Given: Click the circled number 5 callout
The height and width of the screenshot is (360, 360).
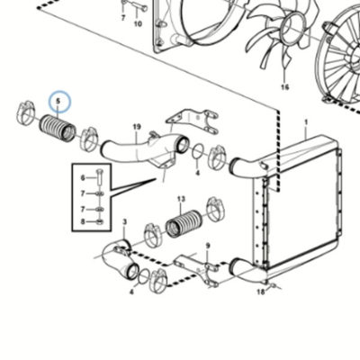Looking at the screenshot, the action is coord(58,101).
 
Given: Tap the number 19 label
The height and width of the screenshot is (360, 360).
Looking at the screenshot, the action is coord(137,127).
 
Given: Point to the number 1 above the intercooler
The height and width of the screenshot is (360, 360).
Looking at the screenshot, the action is coord(306,122).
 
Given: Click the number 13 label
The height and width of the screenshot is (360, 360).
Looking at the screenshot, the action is coord(181,199).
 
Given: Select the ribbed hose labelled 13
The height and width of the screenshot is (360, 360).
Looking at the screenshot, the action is coord(184,224).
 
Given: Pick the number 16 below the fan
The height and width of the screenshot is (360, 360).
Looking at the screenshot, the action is coord(284,87).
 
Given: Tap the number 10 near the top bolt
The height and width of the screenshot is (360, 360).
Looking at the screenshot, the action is coord(138,23).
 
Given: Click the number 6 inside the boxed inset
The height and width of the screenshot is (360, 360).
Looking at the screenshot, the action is coord(83,178).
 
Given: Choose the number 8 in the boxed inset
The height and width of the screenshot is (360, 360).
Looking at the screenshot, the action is coord(83,222).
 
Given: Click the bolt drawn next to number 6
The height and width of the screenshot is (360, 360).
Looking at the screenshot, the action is coord(100,178).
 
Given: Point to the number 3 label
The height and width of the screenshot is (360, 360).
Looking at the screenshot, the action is coord(125,222).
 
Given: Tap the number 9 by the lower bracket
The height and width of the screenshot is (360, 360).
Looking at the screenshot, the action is coord(208,246).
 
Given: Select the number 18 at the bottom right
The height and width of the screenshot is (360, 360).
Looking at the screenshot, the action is coord(261,292).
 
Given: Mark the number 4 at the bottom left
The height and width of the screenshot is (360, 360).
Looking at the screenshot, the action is coord(132,292).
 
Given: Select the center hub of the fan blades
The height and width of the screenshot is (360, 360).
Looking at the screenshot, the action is coord(292,28).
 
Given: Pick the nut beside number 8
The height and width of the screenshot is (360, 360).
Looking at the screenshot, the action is coord(100,222).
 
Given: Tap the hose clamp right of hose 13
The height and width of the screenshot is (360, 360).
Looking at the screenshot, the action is coord(216,209).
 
